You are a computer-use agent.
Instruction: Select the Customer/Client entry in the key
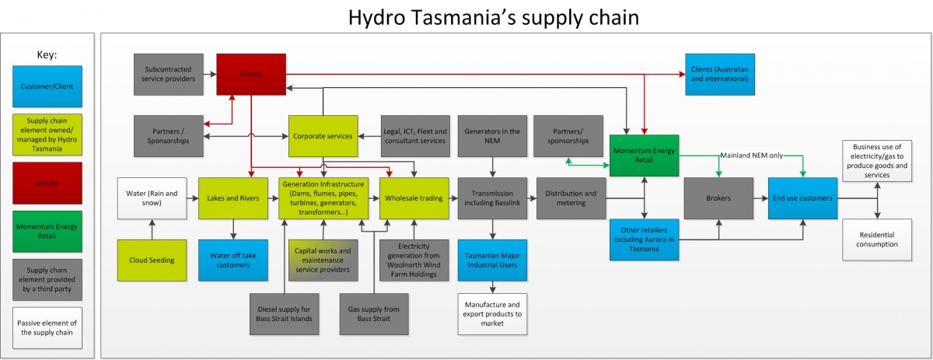tap(48, 86)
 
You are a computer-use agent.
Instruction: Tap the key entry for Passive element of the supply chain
tap(48, 327)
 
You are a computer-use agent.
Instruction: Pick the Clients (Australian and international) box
tap(719, 74)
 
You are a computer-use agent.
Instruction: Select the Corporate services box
tap(323, 136)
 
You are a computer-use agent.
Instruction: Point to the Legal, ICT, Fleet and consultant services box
tap(415, 136)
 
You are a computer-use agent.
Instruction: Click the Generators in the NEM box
tap(492, 136)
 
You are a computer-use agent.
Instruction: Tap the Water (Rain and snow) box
tap(152, 198)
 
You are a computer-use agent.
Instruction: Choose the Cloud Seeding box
tap(152, 260)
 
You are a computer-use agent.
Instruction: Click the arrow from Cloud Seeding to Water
tap(152, 229)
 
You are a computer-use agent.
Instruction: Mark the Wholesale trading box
tap(414, 198)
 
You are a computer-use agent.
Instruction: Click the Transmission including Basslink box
tap(492, 198)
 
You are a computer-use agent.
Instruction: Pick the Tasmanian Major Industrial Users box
tap(492, 260)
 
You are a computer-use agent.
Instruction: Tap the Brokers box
tap(718, 198)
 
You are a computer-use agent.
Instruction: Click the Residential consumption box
tap(877, 239)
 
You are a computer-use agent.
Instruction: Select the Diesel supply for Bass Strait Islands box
tap(284, 313)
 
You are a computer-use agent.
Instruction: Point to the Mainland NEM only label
tap(752, 155)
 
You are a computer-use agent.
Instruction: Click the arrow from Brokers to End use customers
tap(760, 198)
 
